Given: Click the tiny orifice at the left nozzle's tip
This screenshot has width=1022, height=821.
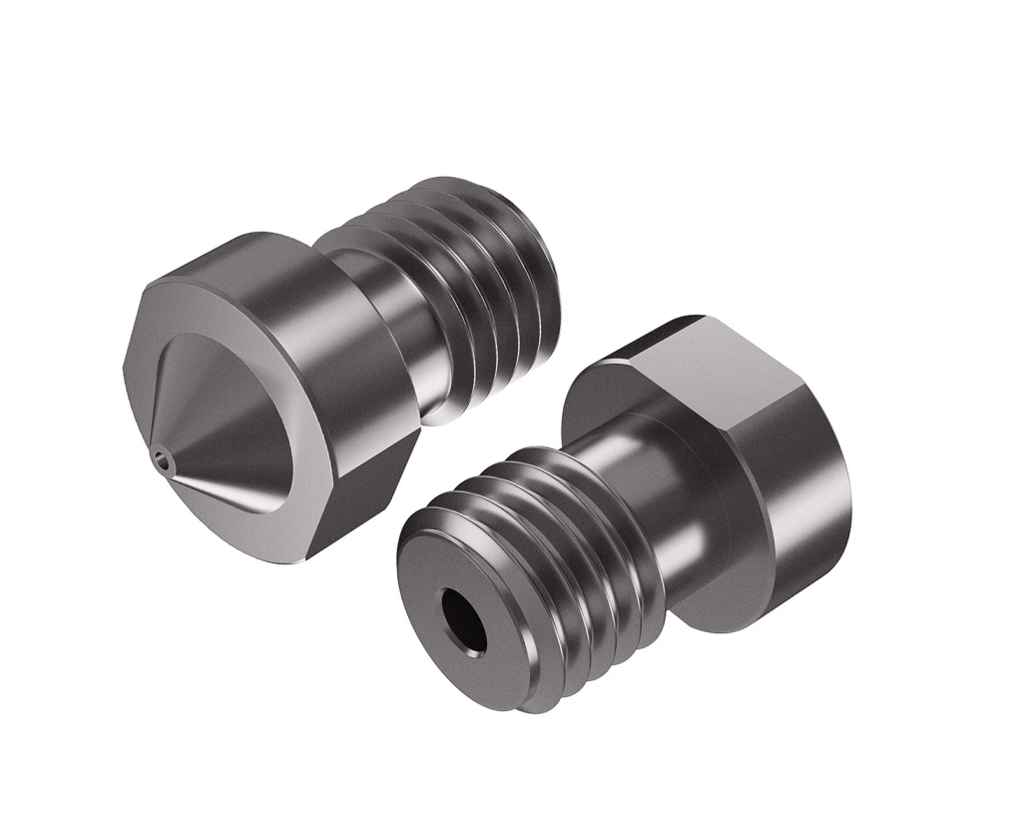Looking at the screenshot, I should pos(162,458).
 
